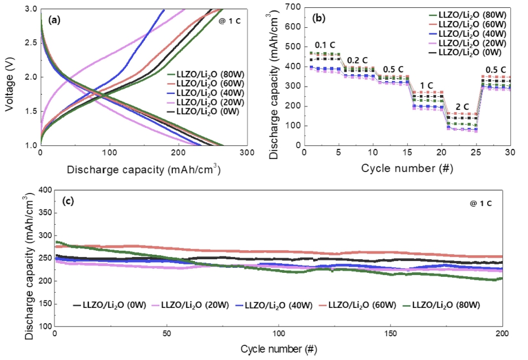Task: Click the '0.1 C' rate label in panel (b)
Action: [x=325, y=45]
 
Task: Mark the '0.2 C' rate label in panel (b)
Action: [x=357, y=60]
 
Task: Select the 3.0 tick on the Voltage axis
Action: [x=30, y=9]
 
